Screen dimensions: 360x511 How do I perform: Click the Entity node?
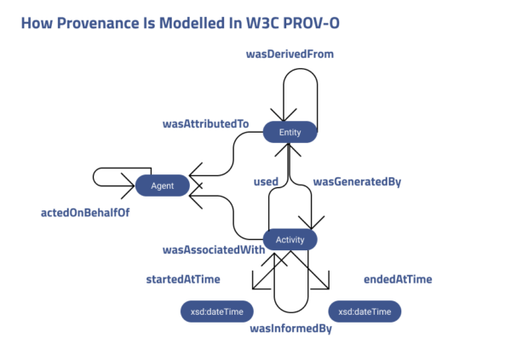pos(290,132)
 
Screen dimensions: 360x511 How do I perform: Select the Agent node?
pos(162,186)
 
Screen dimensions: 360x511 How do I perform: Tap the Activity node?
pos(290,239)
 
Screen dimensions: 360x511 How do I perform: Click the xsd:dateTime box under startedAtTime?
pos(215,311)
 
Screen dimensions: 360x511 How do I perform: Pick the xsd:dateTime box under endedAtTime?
pos(365,311)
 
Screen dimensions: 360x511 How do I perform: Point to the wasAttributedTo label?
pos(205,124)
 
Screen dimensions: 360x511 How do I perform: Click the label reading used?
pos(267,181)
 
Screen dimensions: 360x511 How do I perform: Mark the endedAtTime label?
pos(397,279)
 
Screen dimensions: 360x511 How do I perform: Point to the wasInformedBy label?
pos(290,328)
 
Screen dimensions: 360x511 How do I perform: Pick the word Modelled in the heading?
pos(187,22)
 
